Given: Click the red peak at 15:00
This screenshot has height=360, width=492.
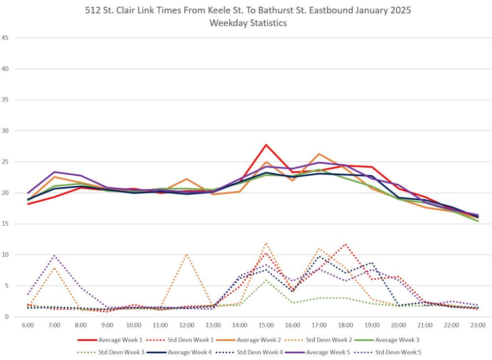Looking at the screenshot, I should (266, 144).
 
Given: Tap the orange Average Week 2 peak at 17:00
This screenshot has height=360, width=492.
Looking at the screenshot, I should (319, 154).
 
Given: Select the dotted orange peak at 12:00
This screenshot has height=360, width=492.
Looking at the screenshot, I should (187, 254).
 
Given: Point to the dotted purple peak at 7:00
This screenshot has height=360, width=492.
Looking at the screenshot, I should (55, 255).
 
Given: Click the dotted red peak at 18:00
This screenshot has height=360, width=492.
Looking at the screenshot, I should (345, 244).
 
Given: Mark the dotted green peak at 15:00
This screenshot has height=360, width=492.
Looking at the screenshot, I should (266, 280).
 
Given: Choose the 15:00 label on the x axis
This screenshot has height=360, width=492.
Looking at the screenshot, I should (266, 325).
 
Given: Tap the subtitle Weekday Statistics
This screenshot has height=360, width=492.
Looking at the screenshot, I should (248, 23).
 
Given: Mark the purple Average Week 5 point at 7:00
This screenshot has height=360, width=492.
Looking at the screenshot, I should (55, 172).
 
